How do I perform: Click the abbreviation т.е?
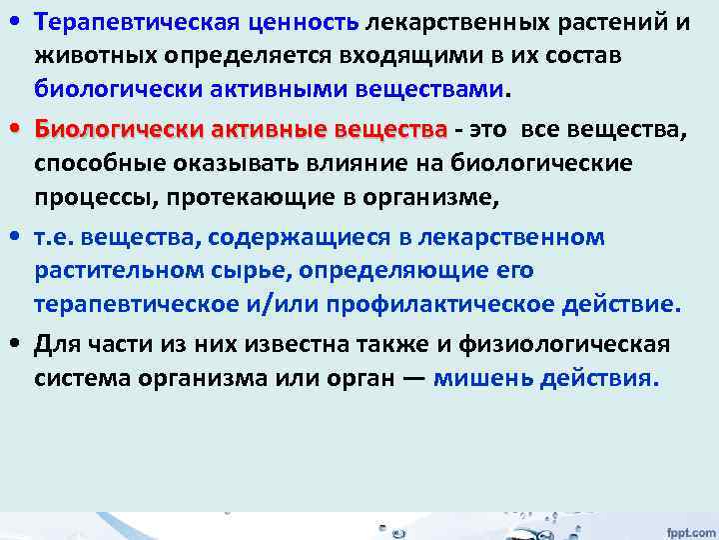[x=53, y=237]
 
